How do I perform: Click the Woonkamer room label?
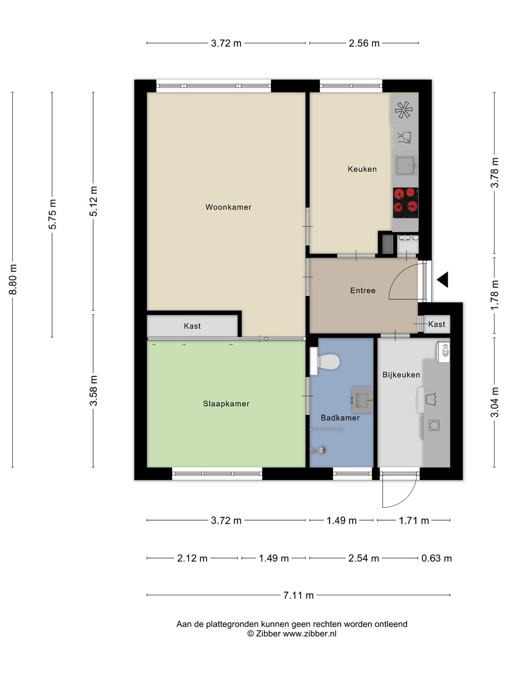click(x=228, y=207)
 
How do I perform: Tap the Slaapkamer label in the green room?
click(x=226, y=403)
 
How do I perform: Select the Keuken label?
click(x=362, y=169)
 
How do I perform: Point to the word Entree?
click(x=362, y=290)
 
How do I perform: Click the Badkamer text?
click(x=340, y=418)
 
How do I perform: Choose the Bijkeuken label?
click(x=401, y=375)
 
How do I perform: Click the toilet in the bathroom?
click(x=325, y=361)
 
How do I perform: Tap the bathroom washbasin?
click(x=362, y=400)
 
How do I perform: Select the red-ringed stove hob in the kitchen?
click(x=406, y=202)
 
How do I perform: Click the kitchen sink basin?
click(x=405, y=166)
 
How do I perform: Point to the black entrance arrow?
click(x=442, y=280)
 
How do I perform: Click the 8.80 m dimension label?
click(x=13, y=279)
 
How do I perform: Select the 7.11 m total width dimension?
click(x=298, y=595)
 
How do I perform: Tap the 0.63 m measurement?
click(x=436, y=558)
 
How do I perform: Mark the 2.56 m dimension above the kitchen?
click(x=364, y=43)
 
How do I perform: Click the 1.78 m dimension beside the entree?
click(x=494, y=295)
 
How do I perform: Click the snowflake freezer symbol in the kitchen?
click(x=404, y=110)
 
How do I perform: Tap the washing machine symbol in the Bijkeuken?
click(x=434, y=425)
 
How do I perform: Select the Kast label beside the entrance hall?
click(x=437, y=324)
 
